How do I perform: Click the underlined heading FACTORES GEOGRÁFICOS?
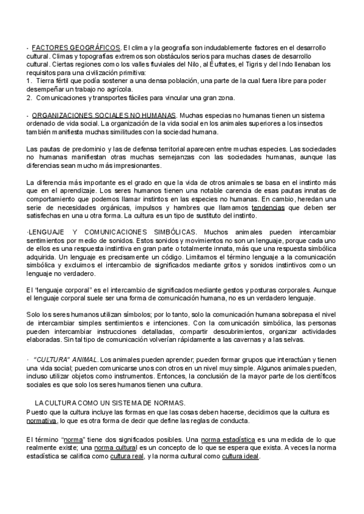point(76,47)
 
